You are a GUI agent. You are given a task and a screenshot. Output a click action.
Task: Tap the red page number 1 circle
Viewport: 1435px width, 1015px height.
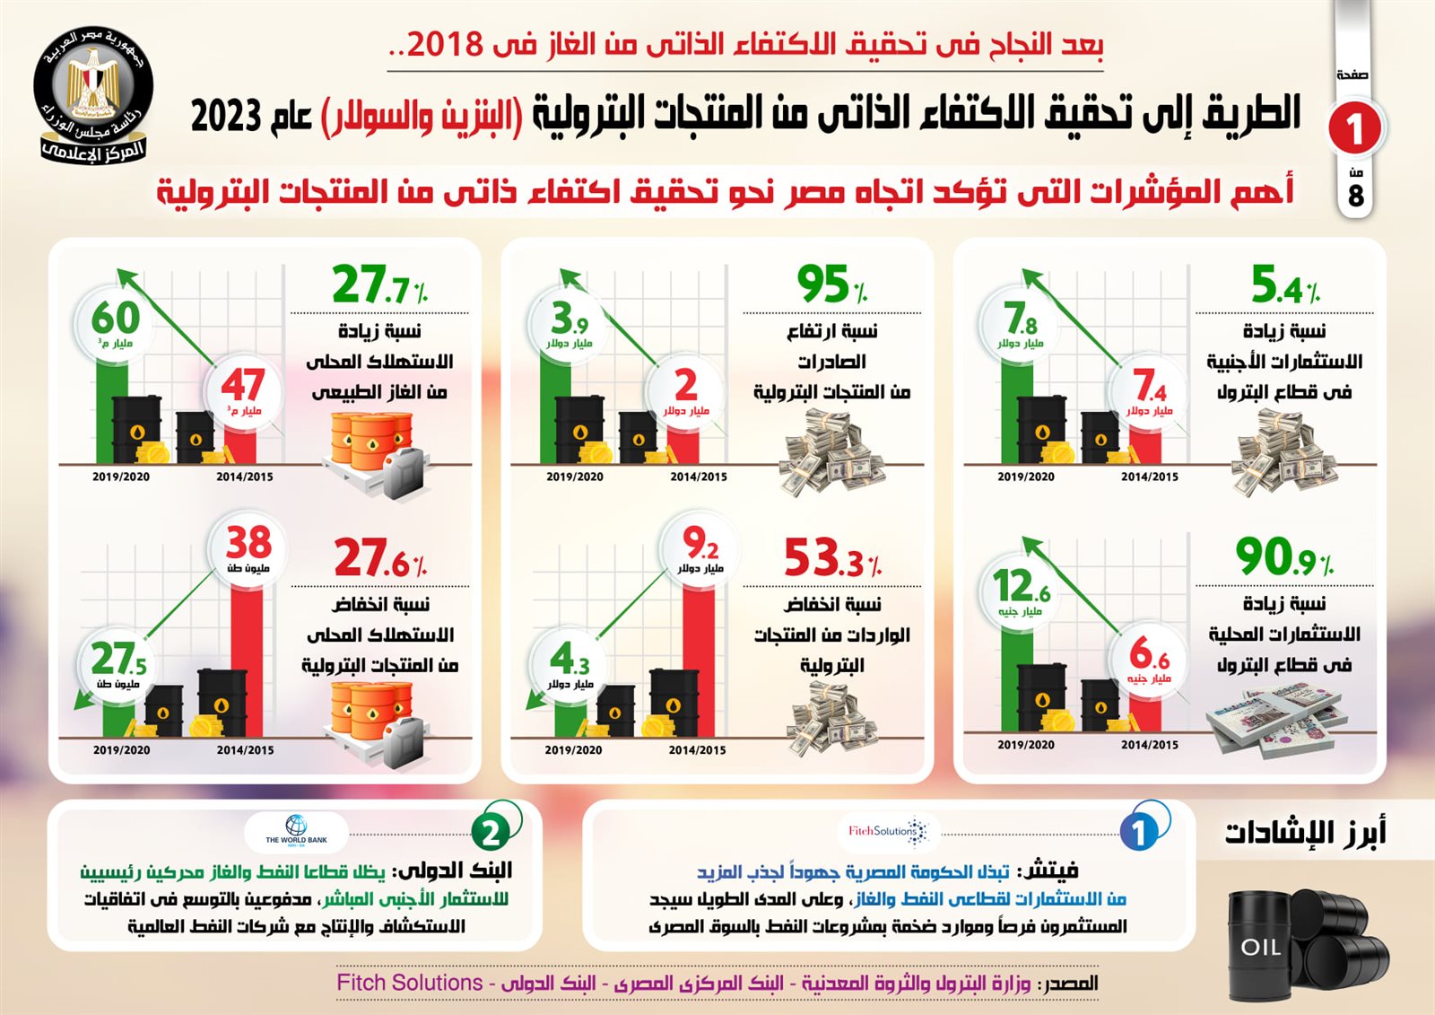[x=1354, y=128]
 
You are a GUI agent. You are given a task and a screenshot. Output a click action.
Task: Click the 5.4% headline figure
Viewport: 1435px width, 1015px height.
[x=1285, y=285]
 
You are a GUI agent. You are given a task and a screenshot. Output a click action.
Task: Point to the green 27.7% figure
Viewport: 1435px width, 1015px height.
[x=379, y=285]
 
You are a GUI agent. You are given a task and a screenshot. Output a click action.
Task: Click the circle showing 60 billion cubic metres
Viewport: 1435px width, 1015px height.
[x=116, y=324]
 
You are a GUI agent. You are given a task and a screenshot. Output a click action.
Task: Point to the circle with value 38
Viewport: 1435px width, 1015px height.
[x=248, y=548]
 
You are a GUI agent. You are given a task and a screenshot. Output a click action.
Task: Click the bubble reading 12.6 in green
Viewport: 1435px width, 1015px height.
[x=1021, y=592]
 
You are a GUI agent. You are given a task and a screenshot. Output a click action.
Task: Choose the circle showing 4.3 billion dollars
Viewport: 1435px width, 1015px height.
[x=570, y=664]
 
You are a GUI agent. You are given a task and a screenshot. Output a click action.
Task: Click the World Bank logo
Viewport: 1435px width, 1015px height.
[x=296, y=830]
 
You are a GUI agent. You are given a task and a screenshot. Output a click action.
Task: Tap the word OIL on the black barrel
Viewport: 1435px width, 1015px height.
[x=1260, y=948]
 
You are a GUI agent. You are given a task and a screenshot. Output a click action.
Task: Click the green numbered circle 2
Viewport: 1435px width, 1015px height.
[x=491, y=833]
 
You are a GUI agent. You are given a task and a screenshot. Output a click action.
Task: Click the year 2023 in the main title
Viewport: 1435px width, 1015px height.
[x=226, y=116]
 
